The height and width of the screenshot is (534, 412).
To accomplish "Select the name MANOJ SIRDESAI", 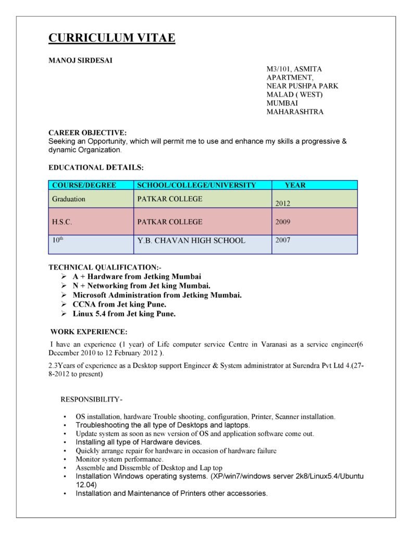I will [x=80, y=60].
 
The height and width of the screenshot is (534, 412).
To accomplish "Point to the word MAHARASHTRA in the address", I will [x=295, y=112].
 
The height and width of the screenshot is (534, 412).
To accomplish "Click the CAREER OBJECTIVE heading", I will [x=87, y=132].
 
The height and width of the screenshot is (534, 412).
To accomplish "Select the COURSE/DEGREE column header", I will [x=84, y=185].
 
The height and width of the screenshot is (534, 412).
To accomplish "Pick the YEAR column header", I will [x=295, y=185].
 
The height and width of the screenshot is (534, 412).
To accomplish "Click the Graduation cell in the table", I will [x=69, y=199].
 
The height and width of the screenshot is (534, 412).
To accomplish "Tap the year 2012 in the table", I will [x=282, y=203].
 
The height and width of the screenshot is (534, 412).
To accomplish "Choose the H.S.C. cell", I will [x=62, y=222].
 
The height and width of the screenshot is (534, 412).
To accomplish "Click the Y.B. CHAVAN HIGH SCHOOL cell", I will [x=191, y=240].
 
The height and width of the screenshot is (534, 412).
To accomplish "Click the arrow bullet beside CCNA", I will [x=63, y=305].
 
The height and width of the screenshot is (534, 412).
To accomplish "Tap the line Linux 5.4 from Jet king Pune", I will [x=124, y=314].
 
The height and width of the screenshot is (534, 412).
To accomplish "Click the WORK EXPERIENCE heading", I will [x=89, y=332].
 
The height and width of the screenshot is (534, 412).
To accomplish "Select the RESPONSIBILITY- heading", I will [x=92, y=399].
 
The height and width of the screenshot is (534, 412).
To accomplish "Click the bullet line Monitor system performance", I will [x=119, y=459].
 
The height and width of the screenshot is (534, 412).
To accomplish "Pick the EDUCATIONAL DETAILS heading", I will [x=96, y=167].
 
